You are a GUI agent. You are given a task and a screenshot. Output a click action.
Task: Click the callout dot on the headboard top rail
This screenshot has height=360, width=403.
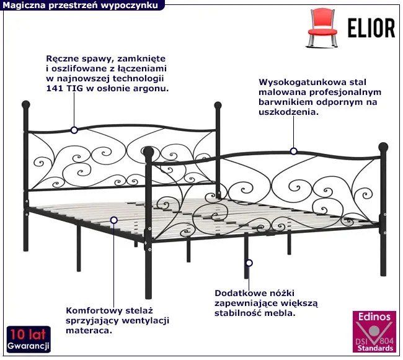click(74, 130)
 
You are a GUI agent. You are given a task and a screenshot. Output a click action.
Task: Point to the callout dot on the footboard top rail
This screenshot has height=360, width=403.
click(293, 151)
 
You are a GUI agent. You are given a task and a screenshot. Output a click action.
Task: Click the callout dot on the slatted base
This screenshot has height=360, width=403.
click(114, 220)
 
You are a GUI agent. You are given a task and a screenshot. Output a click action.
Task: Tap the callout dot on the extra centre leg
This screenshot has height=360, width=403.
click(248, 263)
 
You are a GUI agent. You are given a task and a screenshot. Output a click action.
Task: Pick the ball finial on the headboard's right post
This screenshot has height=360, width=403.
click(218, 106)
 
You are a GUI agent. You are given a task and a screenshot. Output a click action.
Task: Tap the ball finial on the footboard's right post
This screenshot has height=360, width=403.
click(383, 148)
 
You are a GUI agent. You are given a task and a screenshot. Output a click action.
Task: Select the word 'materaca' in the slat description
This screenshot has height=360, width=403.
click(86, 330)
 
